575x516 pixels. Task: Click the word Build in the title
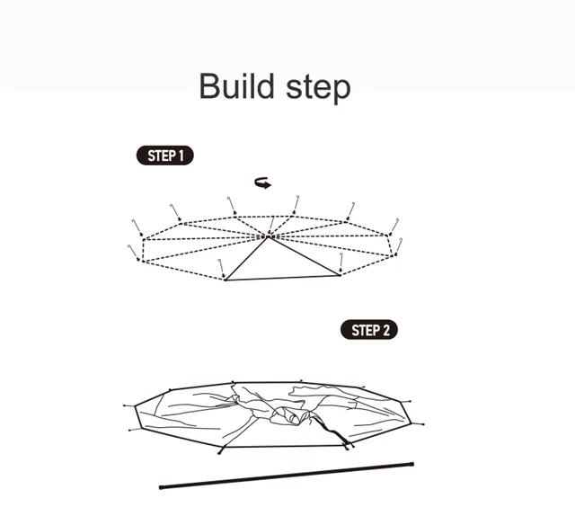(236, 86)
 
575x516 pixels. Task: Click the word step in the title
(318, 89)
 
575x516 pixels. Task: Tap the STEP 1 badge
(165, 156)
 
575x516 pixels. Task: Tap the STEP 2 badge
(369, 330)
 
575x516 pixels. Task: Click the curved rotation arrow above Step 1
(263, 182)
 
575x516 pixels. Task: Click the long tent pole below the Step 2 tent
(287, 476)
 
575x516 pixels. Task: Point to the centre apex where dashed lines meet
(269, 236)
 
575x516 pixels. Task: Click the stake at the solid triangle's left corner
(221, 269)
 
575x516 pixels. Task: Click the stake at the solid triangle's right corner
(341, 262)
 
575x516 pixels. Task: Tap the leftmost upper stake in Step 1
(137, 228)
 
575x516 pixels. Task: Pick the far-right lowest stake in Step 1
(398, 246)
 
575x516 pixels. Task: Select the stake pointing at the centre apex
(271, 225)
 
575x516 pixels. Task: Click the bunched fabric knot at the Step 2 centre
(289, 415)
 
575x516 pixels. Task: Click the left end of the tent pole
(161, 487)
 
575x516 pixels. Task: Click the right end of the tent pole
(412, 464)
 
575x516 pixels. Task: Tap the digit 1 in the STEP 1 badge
(181, 156)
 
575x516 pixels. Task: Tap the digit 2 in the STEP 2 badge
(385, 330)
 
